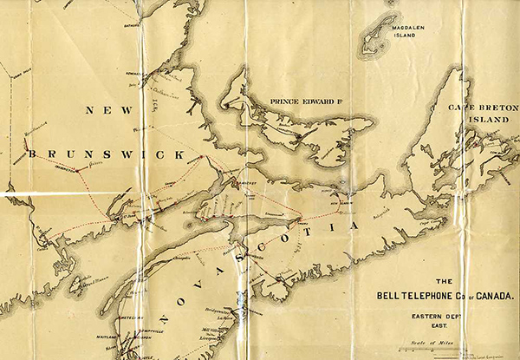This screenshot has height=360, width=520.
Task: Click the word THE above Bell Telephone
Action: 443,282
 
